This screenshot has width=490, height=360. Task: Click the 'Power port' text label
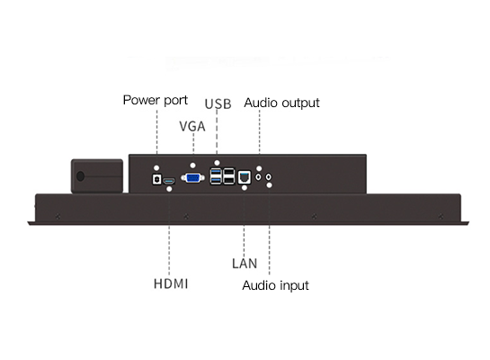[x=156, y=101]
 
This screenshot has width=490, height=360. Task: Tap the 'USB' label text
[x=218, y=104]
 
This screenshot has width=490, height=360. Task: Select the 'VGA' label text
[x=192, y=126]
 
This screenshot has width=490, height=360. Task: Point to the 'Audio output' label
[x=281, y=103]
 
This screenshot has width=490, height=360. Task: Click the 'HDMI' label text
[x=171, y=284]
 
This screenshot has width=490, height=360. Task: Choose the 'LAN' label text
[x=245, y=264]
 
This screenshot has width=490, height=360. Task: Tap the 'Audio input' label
[x=275, y=285]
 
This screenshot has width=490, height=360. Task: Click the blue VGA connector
[x=192, y=178]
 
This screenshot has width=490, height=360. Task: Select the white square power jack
[x=156, y=179]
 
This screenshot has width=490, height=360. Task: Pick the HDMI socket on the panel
[x=169, y=181]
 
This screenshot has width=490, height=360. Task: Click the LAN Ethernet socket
[x=245, y=177]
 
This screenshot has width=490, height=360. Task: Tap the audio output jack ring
[x=258, y=177]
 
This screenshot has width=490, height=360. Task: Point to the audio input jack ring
[x=269, y=177]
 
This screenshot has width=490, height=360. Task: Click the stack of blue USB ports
[x=216, y=176]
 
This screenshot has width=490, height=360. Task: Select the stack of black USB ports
[x=228, y=176]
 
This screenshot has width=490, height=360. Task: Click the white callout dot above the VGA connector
[x=192, y=165]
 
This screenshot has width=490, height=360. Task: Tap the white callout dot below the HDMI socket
[x=169, y=189]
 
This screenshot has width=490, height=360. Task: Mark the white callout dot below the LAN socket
[x=245, y=188]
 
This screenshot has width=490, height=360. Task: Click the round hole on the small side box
[x=80, y=176]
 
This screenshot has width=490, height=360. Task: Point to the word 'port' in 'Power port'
[x=175, y=101]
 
